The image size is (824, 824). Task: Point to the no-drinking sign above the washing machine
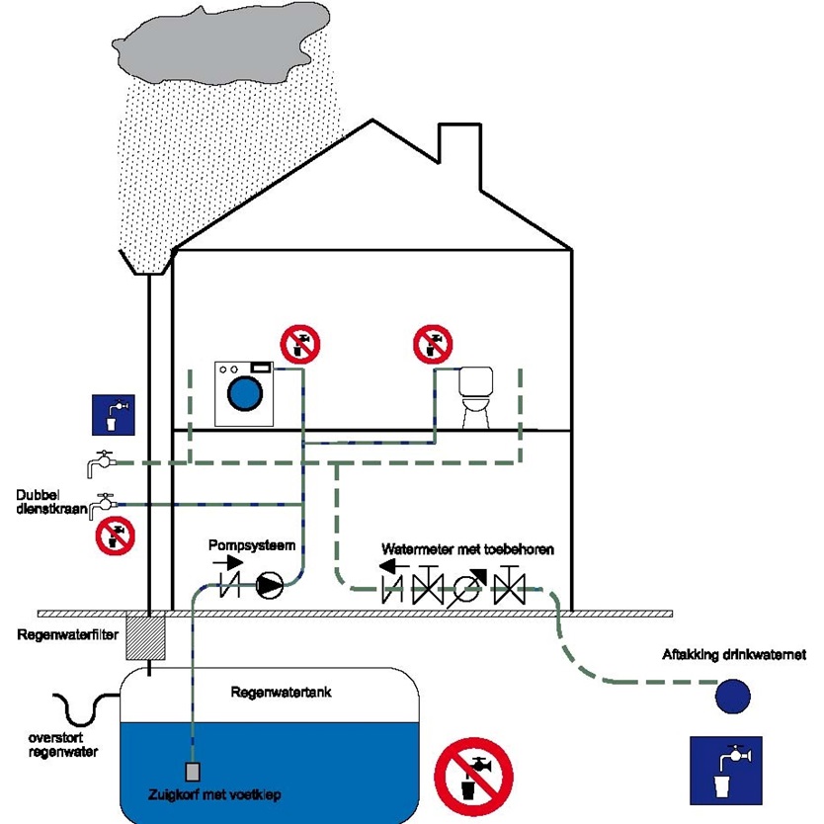[299, 346]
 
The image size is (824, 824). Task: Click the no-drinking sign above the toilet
[433, 344]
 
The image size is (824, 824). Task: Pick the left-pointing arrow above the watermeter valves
[398, 566]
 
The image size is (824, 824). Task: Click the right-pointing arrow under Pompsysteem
[227, 562]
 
